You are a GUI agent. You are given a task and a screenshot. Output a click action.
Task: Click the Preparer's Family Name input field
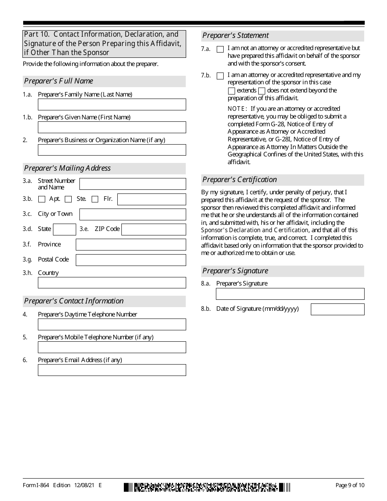coord(112,105)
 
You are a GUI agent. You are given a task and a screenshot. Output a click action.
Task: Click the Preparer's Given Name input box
coord(112,127)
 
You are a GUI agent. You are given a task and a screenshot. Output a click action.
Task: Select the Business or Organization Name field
coord(112,150)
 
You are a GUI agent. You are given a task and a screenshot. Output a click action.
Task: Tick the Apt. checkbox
coord(42,199)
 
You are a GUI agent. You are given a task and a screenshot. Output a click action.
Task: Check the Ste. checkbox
coord(68,199)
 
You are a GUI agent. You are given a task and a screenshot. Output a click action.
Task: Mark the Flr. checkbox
coord(95,199)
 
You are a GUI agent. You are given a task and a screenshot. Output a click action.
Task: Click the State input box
coord(64,229)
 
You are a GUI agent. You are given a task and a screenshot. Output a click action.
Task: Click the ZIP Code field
coord(154,229)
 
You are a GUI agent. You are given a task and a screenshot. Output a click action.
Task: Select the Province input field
coord(131,245)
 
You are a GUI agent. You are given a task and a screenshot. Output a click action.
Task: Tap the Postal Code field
coord(131,260)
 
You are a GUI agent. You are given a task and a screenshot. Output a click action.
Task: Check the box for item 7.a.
coord(220,49)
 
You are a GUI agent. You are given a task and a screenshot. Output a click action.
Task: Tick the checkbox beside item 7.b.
coord(220,76)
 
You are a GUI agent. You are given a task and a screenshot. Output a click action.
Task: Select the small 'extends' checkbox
coord(231,91)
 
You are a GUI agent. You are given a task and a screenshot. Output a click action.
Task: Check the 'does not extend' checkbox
coord(262,91)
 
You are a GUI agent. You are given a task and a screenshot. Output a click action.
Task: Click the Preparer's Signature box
coord(290,294)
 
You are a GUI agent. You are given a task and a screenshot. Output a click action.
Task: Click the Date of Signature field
coord(337,309)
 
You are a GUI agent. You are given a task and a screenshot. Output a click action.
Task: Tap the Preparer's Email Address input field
coord(112,370)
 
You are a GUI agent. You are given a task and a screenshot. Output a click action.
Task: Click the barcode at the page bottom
coord(207,487)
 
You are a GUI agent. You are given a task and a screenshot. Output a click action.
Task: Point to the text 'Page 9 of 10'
coord(350,485)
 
